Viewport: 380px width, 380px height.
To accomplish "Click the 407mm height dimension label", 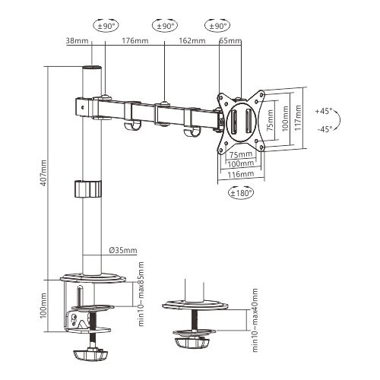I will pyautogui.click(x=43, y=172).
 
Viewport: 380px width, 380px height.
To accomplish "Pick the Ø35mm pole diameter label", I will pyautogui.click(x=123, y=250).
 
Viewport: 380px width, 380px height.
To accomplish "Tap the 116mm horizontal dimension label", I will pyautogui.click(x=242, y=174).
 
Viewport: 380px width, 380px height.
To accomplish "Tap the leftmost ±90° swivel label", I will pyautogui.click(x=107, y=25).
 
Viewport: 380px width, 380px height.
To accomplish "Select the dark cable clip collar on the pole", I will pyautogui.click(x=88, y=188).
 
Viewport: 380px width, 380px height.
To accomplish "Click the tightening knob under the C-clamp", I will pyautogui.click(x=91, y=353).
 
